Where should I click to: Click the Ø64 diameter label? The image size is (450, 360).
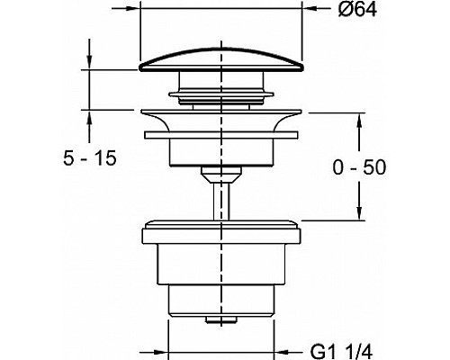(357, 10)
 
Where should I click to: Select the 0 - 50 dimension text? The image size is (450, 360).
(359, 167)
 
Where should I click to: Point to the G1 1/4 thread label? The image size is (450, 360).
(341, 351)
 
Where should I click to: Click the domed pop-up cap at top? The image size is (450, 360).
(221, 60)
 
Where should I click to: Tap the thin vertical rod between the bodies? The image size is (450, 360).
(221, 201)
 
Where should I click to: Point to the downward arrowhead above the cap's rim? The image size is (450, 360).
(89, 60)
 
